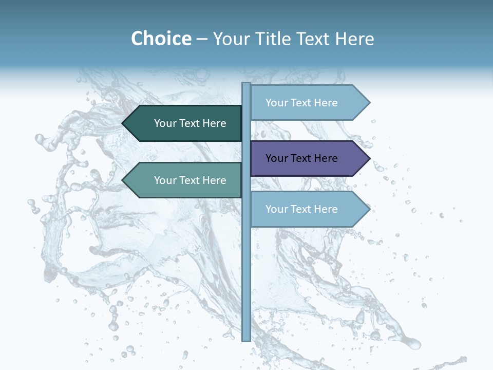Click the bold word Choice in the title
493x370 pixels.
161,39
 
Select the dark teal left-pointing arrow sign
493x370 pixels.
185,123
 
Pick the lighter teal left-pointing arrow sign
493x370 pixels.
185,180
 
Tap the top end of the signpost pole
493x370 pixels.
246,84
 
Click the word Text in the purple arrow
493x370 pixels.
302,158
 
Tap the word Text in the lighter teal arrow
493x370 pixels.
191,180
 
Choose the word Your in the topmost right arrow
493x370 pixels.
277,103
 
